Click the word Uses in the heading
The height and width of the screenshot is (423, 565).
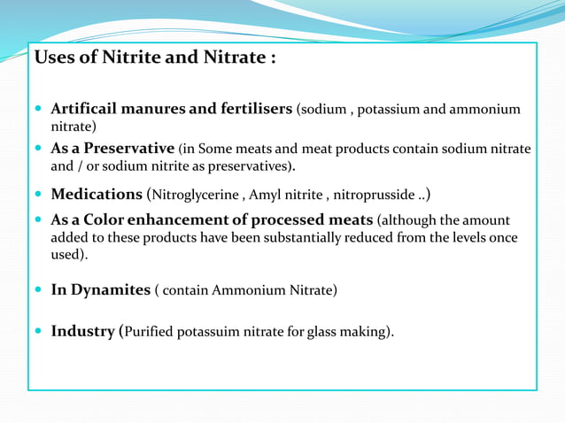[x=52, y=58]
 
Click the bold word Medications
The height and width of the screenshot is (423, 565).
[x=97, y=194]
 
